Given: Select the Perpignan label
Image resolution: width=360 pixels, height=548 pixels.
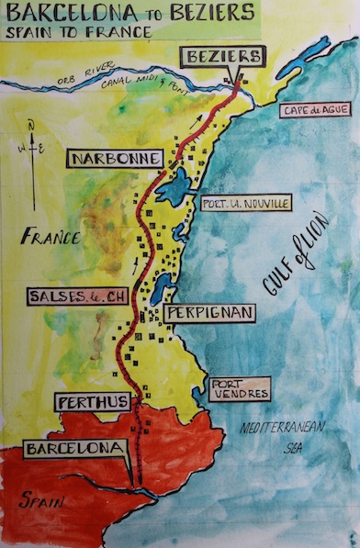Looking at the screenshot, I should coord(209,313).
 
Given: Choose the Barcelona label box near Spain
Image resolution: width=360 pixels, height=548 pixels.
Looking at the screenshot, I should coord(74,450).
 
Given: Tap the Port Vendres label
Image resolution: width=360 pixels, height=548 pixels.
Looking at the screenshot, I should coord(239,388).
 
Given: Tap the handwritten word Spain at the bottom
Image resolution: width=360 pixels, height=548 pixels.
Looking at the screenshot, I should coord(39,502).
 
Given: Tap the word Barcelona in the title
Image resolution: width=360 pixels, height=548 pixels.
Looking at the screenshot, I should coord(82,13).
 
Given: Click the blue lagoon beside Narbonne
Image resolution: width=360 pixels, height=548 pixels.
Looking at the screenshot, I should coord(172,191).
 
